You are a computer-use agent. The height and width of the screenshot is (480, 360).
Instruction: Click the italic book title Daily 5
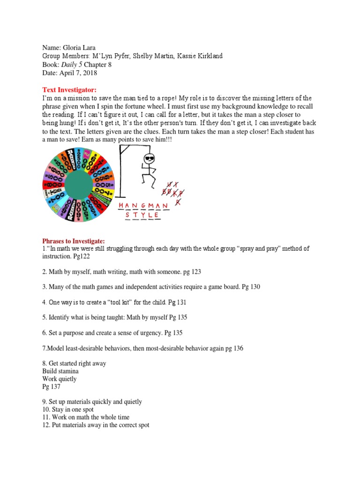[x=71, y=65]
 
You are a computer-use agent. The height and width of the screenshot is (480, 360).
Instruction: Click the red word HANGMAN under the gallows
[x=146, y=206]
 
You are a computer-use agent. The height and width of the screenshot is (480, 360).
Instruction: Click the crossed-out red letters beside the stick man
[x=172, y=191]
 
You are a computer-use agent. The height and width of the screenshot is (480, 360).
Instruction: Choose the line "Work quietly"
[x=60, y=379]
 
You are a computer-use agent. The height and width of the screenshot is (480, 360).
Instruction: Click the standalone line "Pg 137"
[x=51, y=387]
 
